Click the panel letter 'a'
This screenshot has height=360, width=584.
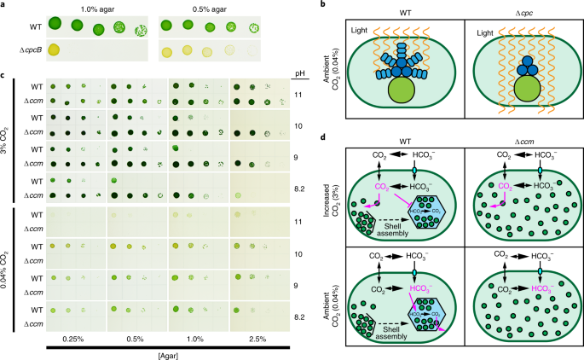pos(4,6)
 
